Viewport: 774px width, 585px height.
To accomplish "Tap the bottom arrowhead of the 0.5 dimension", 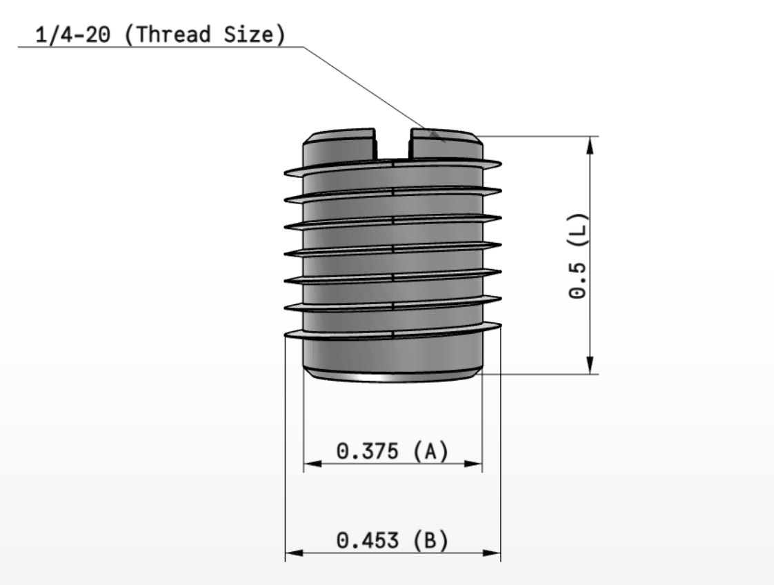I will [591, 367].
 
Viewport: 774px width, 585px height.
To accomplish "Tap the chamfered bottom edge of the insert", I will [393, 375].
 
